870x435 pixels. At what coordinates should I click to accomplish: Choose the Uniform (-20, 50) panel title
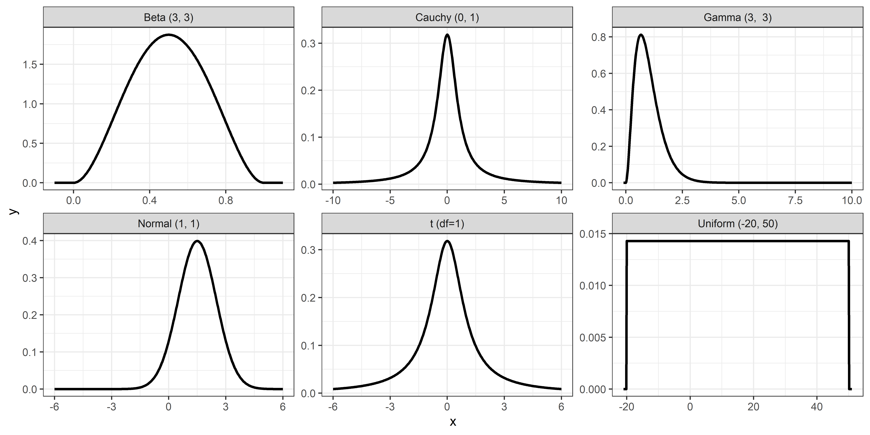[x=738, y=224]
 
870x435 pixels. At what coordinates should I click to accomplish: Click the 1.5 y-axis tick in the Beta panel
[x=30, y=65]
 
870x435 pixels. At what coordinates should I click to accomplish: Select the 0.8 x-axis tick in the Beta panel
[x=226, y=201]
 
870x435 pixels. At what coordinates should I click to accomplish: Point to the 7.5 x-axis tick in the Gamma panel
[x=795, y=201]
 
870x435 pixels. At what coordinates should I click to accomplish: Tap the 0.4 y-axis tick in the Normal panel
[x=30, y=241]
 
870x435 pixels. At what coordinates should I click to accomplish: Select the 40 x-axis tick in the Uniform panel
[x=817, y=407]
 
